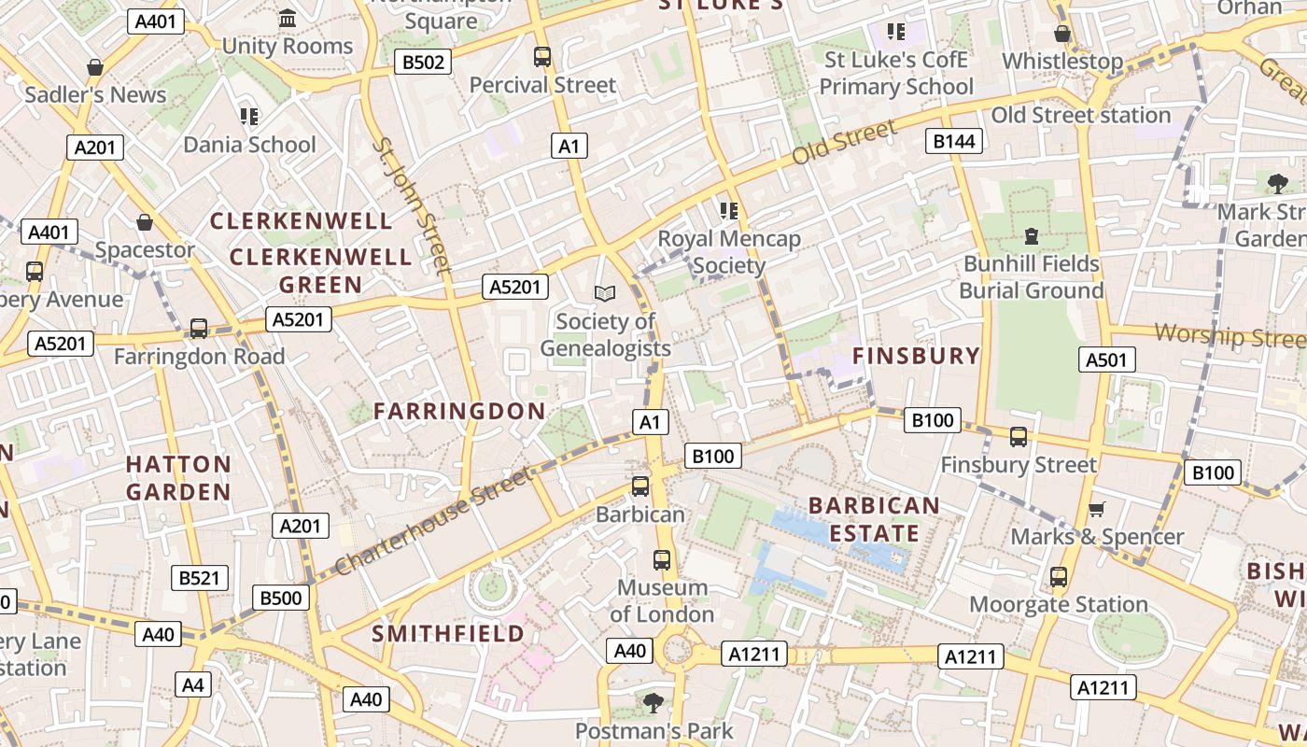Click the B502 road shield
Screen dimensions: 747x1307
click(423, 63)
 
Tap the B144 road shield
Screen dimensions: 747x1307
click(953, 141)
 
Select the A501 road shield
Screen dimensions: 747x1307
click(1107, 359)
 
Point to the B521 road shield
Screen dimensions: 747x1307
click(200, 578)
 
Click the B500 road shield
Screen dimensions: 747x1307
click(280, 598)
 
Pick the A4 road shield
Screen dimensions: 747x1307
click(192, 684)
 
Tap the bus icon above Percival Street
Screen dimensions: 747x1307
click(542, 57)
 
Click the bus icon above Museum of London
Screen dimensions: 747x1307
click(662, 560)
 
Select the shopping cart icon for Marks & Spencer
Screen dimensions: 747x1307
click(1096, 509)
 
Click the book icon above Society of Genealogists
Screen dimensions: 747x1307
click(605, 294)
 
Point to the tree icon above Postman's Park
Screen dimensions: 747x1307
click(653, 702)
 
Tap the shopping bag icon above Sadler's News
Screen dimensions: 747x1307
click(94, 67)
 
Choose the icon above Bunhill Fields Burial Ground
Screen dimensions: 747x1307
click(1032, 236)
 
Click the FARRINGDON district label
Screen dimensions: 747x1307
click(459, 411)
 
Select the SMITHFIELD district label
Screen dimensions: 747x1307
click(448, 633)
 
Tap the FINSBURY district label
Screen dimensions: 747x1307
click(916, 356)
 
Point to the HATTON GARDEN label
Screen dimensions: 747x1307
click(178, 477)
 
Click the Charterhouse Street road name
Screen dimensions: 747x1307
click(433, 521)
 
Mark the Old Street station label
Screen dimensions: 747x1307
click(1080, 116)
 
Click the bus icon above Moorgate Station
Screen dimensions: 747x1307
click(1058, 577)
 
